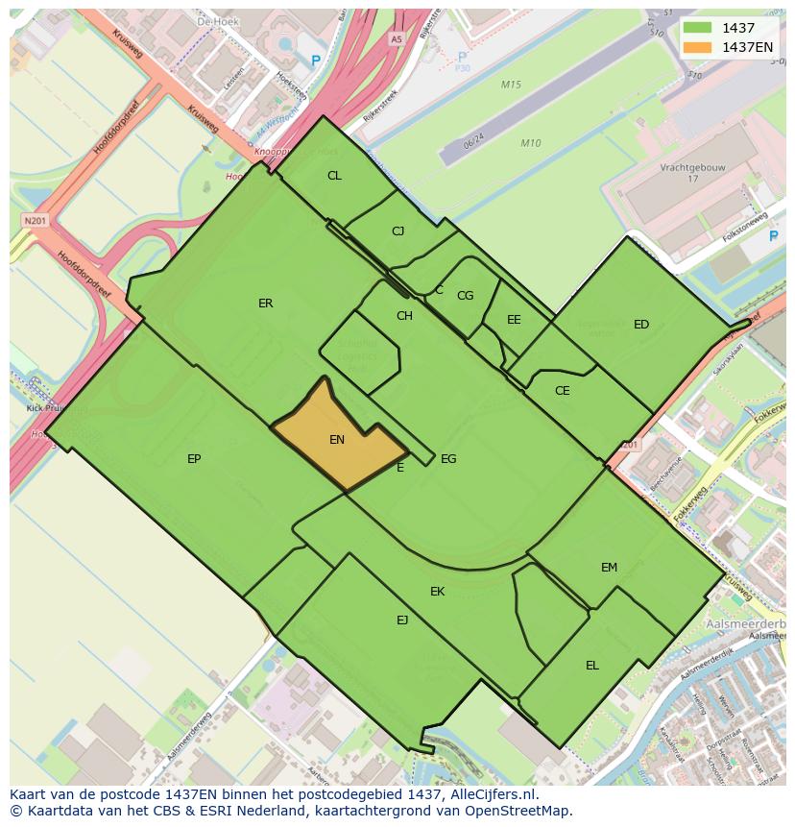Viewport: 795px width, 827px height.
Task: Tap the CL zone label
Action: [334, 176]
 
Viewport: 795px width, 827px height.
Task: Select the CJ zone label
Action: [398, 231]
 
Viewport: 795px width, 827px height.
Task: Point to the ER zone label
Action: [266, 304]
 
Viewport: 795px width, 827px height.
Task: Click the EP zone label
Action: [194, 459]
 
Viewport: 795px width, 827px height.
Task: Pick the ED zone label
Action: [641, 325]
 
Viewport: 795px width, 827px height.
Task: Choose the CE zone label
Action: [563, 391]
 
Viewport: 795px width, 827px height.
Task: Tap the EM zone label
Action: [609, 568]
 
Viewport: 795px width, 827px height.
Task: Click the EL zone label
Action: [592, 666]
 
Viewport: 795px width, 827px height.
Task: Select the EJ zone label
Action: [402, 620]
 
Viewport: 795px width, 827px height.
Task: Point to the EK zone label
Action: [438, 592]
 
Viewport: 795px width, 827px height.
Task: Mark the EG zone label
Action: [448, 459]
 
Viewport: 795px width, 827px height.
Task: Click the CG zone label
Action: [465, 296]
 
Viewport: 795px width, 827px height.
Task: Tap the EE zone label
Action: [514, 320]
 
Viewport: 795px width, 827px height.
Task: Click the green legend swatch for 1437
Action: [697, 28]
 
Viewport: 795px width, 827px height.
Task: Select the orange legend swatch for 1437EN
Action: [697, 47]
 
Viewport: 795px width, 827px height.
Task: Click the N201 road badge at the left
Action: [35, 221]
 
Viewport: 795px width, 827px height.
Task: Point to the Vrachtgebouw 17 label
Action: [692, 173]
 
